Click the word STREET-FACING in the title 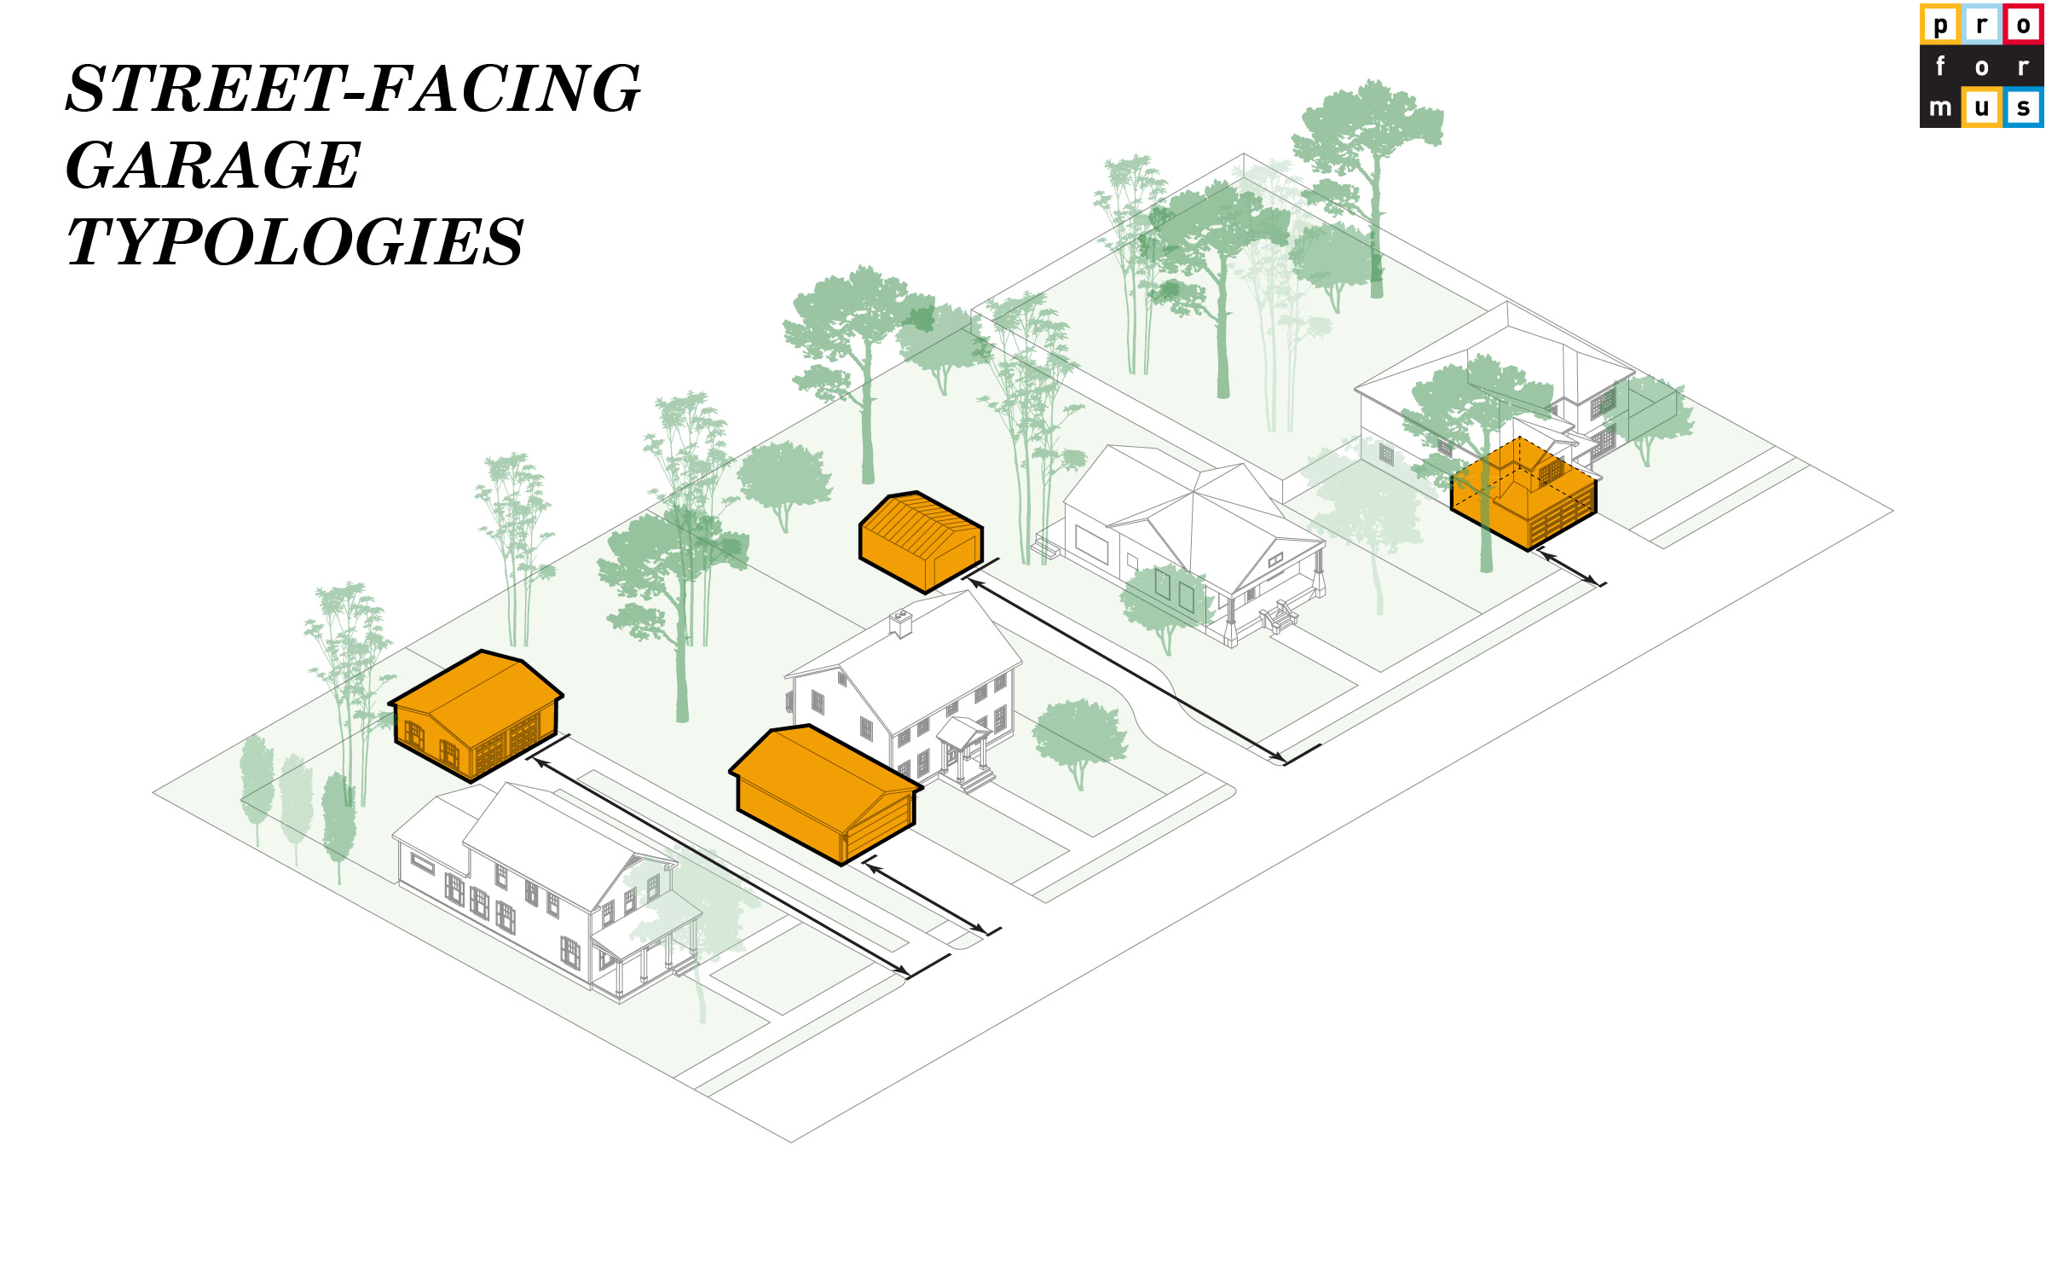(x=353, y=89)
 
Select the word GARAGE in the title (x=213, y=165)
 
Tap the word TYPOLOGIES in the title (x=295, y=242)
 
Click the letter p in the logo (x=1940, y=24)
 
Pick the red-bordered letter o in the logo (x=2023, y=24)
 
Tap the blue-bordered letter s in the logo (x=2023, y=107)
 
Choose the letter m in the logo (x=1940, y=107)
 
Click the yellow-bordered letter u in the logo (x=1982, y=107)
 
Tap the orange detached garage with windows (x=476, y=715)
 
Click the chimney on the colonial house (x=900, y=623)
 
